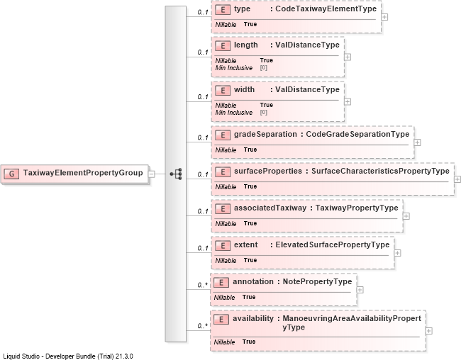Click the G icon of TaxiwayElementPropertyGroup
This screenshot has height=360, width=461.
tap(11, 174)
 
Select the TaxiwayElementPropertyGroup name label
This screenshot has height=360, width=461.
tap(83, 173)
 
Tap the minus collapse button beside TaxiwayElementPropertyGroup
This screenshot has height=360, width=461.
tap(152, 174)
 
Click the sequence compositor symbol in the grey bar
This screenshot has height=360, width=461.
tap(176, 174)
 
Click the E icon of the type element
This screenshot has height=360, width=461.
tap(223, 10)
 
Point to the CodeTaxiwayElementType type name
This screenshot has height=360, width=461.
tap(326, 9)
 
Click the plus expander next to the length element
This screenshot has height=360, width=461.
tap(348, 57)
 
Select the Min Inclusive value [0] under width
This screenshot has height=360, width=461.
tap(263, 112)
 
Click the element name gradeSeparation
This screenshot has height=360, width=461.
tap(265, 135)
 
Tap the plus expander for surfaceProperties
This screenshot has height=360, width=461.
tap(457, 179)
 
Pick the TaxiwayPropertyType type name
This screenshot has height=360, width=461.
tap(357, 208)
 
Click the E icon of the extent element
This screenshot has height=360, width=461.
tap(223, 246)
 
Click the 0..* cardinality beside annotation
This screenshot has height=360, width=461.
tap(203, 285)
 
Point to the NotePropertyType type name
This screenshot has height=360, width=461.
tap(317, 281)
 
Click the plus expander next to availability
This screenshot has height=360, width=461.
tap(429, 331)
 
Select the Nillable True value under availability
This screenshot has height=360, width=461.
tap(249, 342)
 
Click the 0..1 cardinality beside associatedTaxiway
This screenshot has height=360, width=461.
tap(203, 211)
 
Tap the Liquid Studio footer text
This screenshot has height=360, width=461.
tap(68, 356)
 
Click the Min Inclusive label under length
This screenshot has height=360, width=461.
tap(234, 68)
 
